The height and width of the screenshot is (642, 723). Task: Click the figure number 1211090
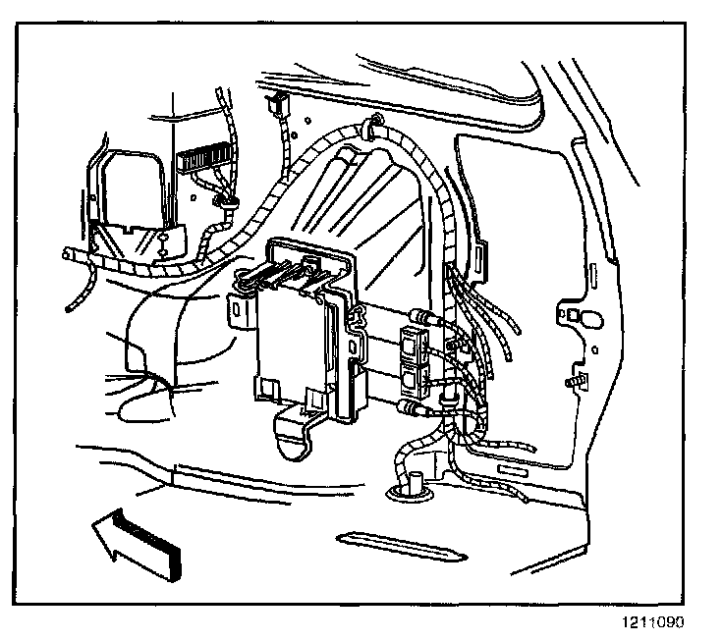coord(655,621)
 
